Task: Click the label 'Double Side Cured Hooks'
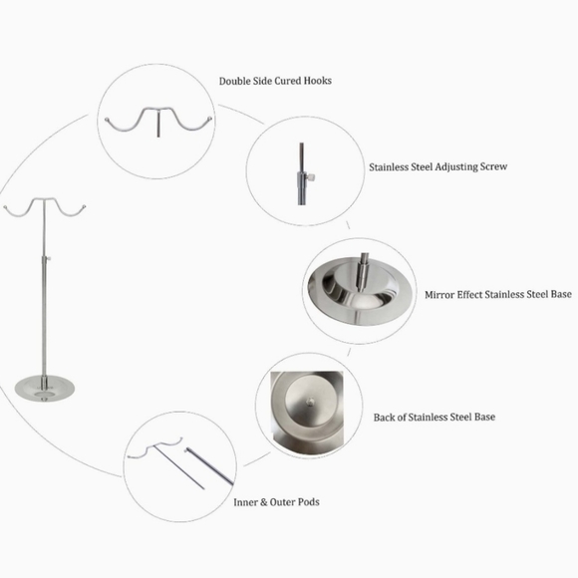[x=275, y=81]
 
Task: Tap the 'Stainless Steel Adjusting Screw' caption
[x=437, y=166]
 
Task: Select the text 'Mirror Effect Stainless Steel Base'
[x=498, y=295]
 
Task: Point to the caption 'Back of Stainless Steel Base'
[x=434, y=417]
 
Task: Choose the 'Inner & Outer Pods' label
[x=276, y=502]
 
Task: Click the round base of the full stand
[x=44, y=388]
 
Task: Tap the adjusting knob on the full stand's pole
[x=48, y=259]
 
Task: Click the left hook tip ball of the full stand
[x=5, y=207]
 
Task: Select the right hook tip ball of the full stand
[x=84, y=206]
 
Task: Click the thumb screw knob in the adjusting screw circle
[x=312, y=178]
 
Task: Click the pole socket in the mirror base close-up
[x=363, y=272]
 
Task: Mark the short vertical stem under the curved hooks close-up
[x=158, y=125]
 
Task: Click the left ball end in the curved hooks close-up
[x=107, y=120]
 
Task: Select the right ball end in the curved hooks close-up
[x=210, y=119]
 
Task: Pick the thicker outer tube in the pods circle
[x=209, y=466]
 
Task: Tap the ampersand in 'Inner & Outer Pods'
[x=263, y=502]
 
